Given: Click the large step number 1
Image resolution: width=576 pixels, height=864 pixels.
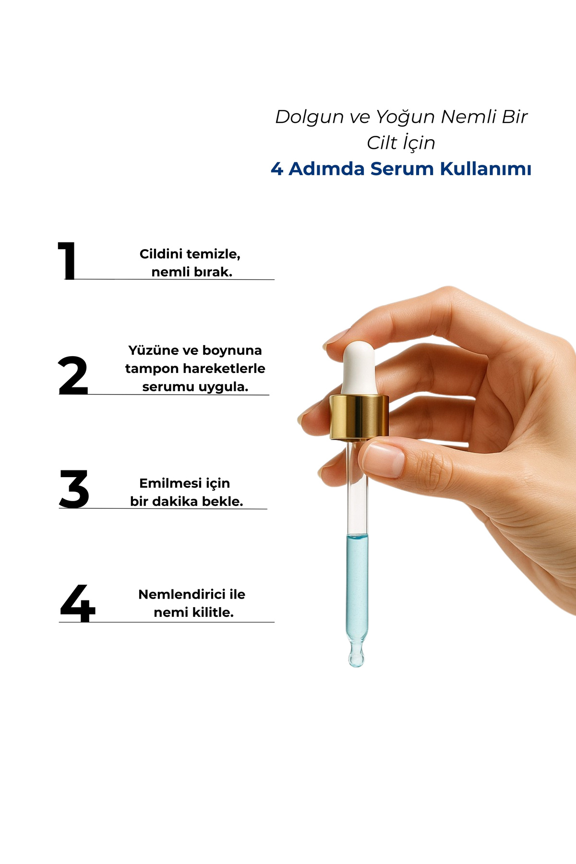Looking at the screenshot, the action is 67,260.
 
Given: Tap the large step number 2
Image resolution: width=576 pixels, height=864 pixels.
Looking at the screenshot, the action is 73,375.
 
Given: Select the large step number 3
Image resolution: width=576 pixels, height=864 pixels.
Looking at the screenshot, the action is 74,489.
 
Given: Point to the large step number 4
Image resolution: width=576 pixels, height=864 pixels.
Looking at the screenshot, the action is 78,603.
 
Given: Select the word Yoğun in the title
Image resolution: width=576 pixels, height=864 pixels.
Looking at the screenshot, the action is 405,117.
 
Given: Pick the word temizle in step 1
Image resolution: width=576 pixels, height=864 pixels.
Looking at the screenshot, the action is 213,254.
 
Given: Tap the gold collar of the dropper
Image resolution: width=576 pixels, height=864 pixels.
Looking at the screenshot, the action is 359,417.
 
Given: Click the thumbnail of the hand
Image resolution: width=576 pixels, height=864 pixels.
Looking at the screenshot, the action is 384,459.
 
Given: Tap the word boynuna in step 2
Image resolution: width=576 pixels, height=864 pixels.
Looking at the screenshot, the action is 232,351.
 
